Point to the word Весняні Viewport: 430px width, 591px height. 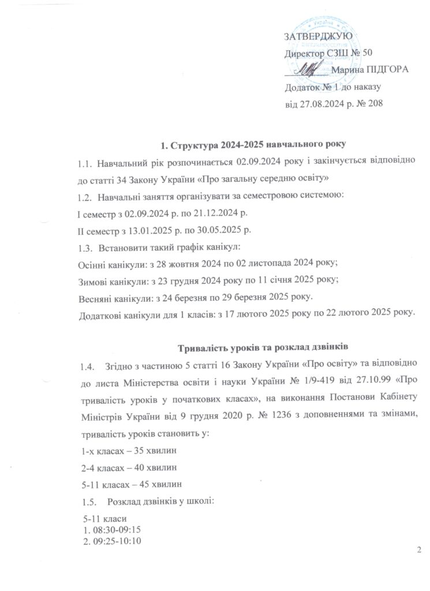click(96, 298)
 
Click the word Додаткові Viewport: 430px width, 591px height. click(100, 315)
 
